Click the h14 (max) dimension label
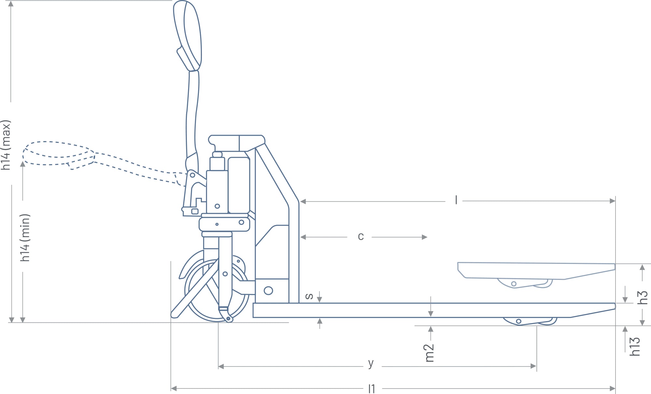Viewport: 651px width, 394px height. [x=6, y=145]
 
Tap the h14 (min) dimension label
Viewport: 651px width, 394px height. [x=25, y=238]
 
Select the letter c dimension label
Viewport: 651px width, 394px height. [x=361, y=237]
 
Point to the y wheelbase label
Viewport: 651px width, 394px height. [x=371, y=363]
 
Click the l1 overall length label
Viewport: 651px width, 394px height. [x=372, y=388]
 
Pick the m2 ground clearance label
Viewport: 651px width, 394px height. [x=430, y=353]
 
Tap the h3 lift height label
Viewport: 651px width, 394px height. [x=643, y=297]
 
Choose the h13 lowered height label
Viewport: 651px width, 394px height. [x=635, y=346]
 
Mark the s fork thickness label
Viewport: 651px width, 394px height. [x=309, y=296]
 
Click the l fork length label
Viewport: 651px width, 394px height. [x=456, y=200]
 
